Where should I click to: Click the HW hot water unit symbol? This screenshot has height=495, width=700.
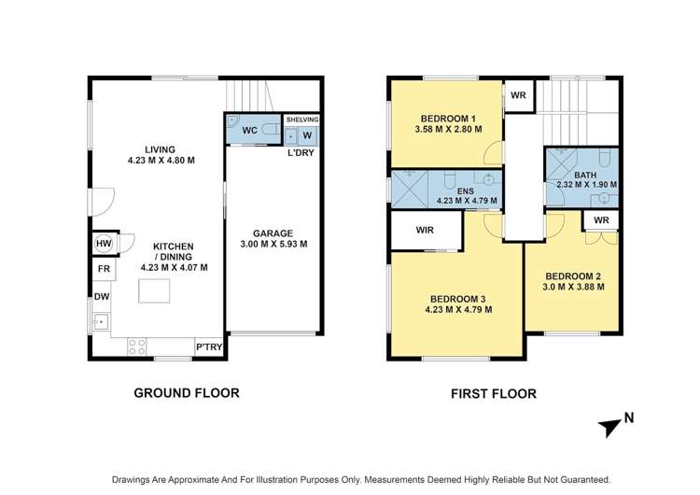tap(104, 244)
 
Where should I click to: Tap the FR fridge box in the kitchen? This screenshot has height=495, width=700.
tap(102, 270)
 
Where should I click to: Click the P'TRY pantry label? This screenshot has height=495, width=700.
tap(207, 347)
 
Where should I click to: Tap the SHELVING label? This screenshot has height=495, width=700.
tap(301, 120)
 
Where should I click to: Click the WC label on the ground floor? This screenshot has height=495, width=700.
tap(250, 130)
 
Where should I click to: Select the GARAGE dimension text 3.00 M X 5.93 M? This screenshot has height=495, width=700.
tap(273, 245)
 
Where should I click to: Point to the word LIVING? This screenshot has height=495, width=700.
tap(161, 148)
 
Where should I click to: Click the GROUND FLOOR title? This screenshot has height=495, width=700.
tap(185, 393)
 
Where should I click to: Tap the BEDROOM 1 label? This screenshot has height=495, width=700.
tap(448, 118)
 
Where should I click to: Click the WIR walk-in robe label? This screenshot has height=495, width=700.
tap(425, 230)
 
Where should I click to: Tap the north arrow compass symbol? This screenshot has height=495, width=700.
tap(611, 425)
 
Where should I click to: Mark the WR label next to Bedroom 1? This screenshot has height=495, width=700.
tap(516, 94)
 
